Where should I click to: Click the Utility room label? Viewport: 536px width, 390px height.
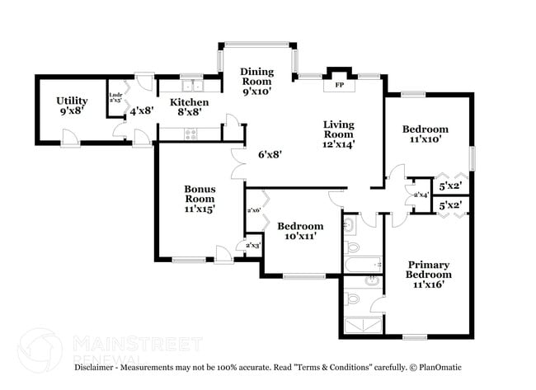pos(72,106)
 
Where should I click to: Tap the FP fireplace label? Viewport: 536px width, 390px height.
pos(338,85)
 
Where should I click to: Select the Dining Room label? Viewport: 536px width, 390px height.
pos(256,82)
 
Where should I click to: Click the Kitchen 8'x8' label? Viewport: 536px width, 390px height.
pos(190,107)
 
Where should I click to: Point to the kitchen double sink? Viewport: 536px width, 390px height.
pos(192,84)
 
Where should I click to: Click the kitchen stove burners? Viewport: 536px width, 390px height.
pos(191,134)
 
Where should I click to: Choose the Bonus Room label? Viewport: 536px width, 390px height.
pos(200,199)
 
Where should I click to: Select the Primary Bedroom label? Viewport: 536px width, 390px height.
pos(429,274)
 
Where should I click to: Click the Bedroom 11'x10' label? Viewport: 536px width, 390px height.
pos(425,134)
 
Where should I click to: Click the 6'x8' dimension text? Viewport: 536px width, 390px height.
pos(270,154)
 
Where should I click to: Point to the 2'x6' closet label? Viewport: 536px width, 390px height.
pos(254,210)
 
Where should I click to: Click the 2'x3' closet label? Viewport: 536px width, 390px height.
pos(245,246)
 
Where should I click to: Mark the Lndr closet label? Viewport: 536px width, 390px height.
pos(115,97)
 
